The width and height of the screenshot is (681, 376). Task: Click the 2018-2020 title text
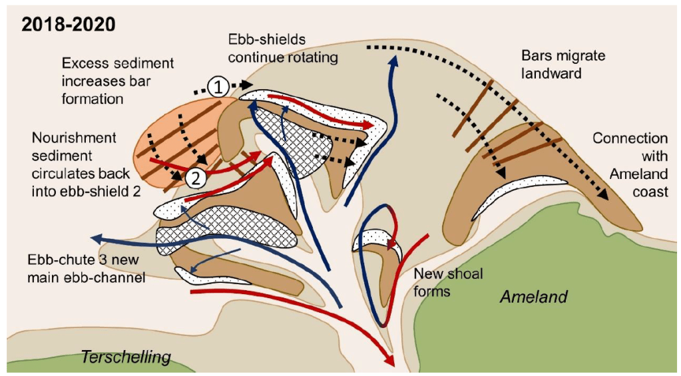tap(69, 25)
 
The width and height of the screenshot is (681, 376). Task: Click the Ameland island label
tap(534, 296)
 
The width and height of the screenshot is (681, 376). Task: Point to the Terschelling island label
tap(125, 357)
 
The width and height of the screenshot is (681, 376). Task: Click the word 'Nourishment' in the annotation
tap(74, 138)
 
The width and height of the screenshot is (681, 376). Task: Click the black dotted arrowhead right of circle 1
tap(248, 85)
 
